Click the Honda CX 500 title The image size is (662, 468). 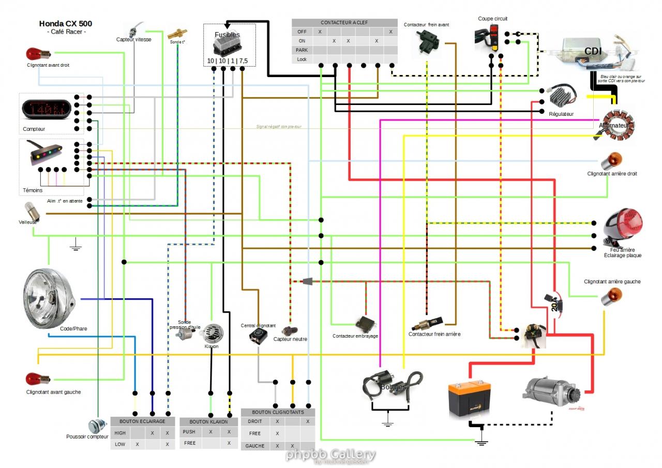[x=66, y=24]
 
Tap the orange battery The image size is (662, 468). [x=469, y=396]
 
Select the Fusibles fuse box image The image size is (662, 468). [x=228, y=47]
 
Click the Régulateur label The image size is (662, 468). [x=561, y=114]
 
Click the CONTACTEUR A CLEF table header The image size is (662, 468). [x=344, y=23]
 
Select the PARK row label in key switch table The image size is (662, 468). [x=302, y=50]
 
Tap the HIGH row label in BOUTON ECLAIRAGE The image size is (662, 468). [x=120, y=433]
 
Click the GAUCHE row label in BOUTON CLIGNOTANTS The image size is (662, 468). [x=254, y=446]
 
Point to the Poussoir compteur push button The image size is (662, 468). [x=97, y=426]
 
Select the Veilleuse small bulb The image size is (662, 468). [x=29, y=211]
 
